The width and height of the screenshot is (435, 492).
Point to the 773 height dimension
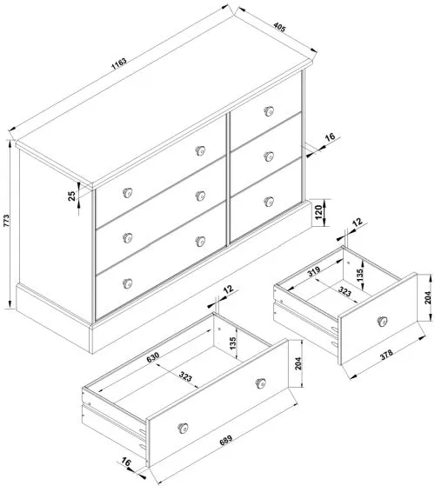8,222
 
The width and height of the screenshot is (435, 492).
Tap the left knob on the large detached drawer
184,425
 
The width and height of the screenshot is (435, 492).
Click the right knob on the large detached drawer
258,382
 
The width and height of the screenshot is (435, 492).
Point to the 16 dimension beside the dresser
330,138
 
